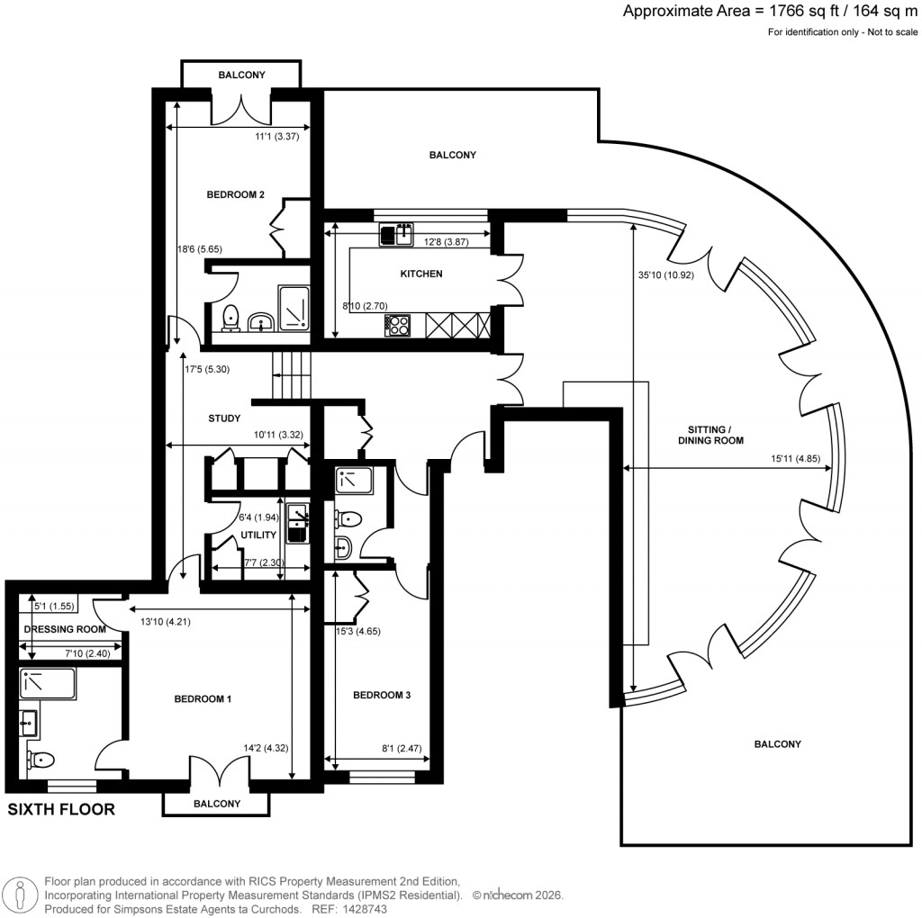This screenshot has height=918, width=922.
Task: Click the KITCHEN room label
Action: click(x=421, y=274)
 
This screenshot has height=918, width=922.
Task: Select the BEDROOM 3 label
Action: click(x=382, y=695)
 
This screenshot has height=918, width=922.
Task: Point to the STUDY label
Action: click(x=223, y=418)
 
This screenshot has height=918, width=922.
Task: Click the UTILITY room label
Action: click(x=257, y=535)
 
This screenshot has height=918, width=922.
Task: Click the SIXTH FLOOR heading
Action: click(x=61, y=809)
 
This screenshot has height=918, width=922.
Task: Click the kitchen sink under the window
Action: click(x=393, y=235)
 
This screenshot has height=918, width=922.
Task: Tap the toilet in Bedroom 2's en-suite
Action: click(x=230, y=318)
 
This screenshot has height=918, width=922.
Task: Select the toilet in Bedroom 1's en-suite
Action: click(x=37, y=760)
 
